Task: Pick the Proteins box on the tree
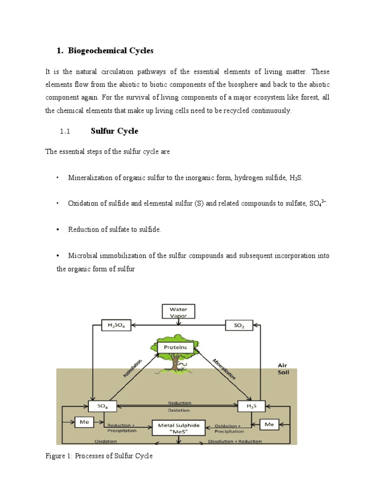pos(179,348)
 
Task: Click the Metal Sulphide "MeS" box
pos(179,428)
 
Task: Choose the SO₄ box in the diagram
pos(103,406)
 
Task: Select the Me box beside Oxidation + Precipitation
pos(270,424)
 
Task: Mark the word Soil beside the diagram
pos(284,372)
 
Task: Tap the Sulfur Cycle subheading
pos(114,131)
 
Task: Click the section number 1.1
pos(65,131)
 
